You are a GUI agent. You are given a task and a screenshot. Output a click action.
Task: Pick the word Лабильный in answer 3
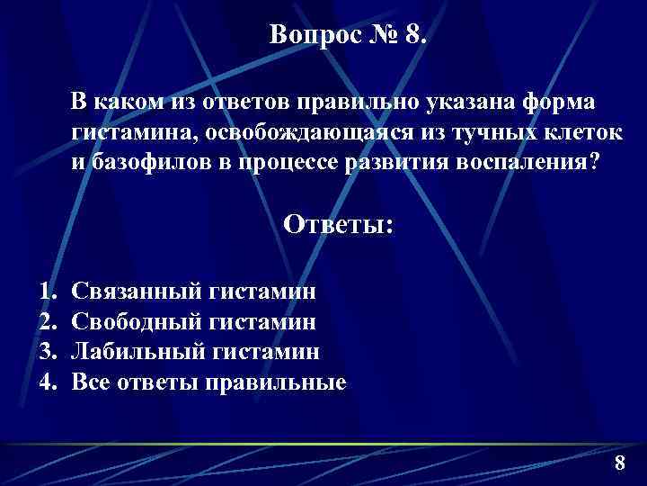click(x=138, y=351)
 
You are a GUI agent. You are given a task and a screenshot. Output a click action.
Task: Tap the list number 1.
click(x=46, y=291)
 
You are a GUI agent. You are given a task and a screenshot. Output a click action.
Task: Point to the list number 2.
click(x=46, y=321)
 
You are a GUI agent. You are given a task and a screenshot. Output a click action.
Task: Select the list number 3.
click(x=46, y=351)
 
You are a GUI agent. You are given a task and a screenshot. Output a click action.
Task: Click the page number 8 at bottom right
click(x=619, y=463)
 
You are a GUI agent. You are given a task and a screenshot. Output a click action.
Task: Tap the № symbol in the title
click(x=376, y=35)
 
